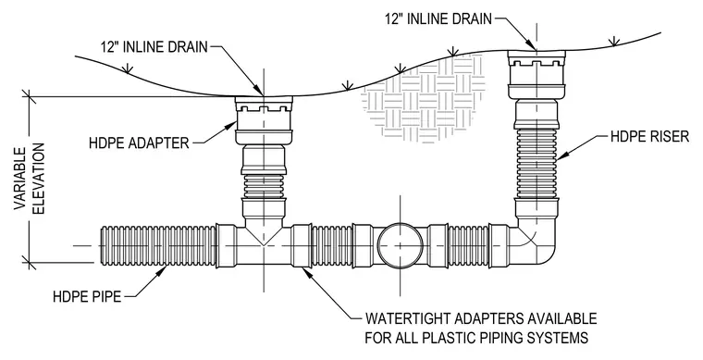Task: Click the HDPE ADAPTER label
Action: (x=139, y=143)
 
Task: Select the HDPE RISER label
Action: (x=649, y=136)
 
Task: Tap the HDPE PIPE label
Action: (x=87, y=296)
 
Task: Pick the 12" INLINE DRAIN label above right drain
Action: (x=438, y=19)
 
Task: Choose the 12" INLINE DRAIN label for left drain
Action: (x=154, y=46)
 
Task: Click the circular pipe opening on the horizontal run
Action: (x=400, y=245)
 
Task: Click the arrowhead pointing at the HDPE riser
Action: (x=563, y=155)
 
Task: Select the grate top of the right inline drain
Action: (x=536, y=54)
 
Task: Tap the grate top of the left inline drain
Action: (x=264, y=100)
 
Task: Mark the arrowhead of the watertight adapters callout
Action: (x=307, y=272)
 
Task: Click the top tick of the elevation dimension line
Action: (x=29, y=96)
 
